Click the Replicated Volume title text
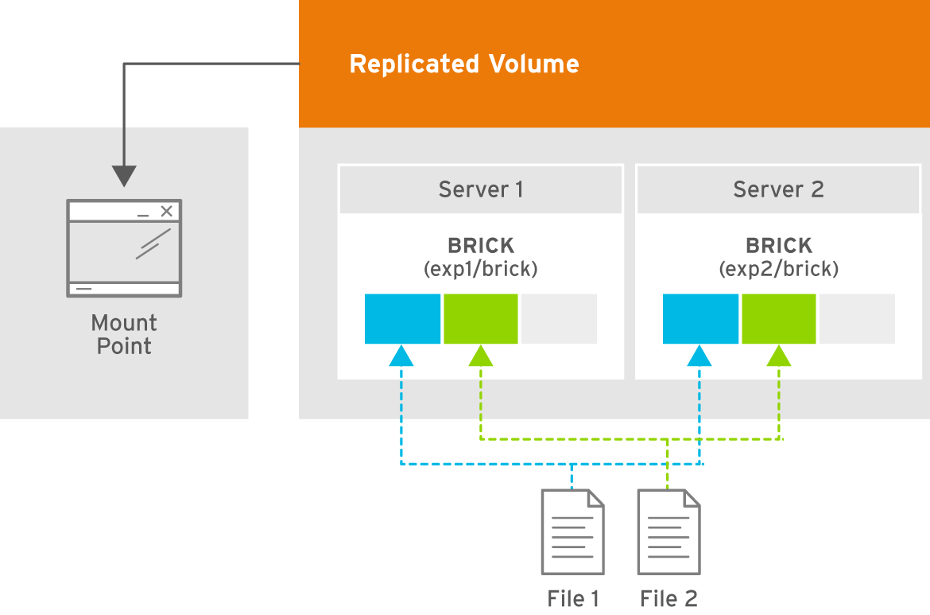(x=464, y=64)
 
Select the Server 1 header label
(x=480, y=189)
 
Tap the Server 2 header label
(x=778, y=189)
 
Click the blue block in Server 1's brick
(x=402, y=319)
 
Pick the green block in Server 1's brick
(x=480, y=319)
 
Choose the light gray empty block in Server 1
(x=560, y=319)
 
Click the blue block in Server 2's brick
(x=700, y=319)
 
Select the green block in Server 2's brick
(x=779, y=319)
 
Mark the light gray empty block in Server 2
(x=857, y=319)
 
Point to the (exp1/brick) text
(x=480, y=269)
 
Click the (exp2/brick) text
(x=779, y=269)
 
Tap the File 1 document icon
(x=573, y=532)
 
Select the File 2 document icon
(x=669, y=532)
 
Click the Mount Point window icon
(x=124, y=248)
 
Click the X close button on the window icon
(x=167, y=211)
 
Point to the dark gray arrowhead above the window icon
(x=124, y=177)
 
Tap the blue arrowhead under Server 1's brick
(x=401, y=356)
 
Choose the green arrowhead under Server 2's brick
(x=779, y=356)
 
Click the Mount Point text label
(x=124, y=334)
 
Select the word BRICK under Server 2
(x=779, y=245)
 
